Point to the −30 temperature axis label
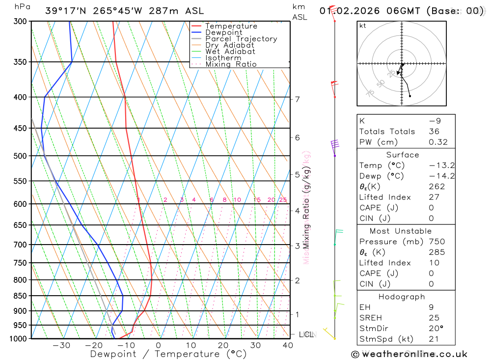pyautogui.click(x=61, y=345)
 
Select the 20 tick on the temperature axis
pyautogui.click(x=223, y=345)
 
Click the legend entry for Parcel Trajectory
pyautogui.click(x=241, y=39)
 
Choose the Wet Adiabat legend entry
pyautogui.click(x=230, y=52)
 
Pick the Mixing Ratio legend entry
pyautogui.click(x=231, y=64)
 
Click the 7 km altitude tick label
pyautogui.click(x=297, y=99)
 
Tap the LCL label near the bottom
pyautogui.click(x=306, y=335)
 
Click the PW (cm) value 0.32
pyautogui.click(x=437, y=142)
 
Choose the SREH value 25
pyautogui.click(x=434, y=318)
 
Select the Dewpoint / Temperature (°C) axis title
pyautogui.click(x=168, y=354)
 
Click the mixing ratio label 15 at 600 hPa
pyautogui.click(x=257, y=200)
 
